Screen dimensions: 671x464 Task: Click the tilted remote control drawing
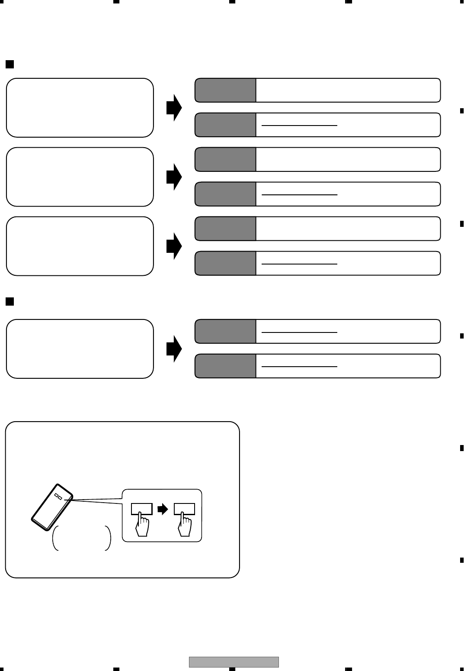[x=52, y=506]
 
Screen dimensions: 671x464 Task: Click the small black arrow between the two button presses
[x=163, y=510]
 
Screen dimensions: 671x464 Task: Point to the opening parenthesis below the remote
[x=55, y=539]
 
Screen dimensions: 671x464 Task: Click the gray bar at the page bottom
[x=234, y=662]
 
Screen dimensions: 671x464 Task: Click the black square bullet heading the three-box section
[x=10, y=65]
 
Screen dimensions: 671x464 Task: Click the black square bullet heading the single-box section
[x=10, y=301]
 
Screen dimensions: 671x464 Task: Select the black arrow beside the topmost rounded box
[x=174, y=107]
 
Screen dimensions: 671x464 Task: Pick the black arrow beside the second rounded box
[x=174, y=177]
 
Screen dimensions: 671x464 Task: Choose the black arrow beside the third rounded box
[x=174, y=246]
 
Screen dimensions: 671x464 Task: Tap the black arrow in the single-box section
[x=174, y=348]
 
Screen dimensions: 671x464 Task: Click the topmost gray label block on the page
[x=225, y=90]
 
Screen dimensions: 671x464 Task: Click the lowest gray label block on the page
[x=225, y=366]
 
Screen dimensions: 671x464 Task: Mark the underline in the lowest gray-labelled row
[x=299, y=367]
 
